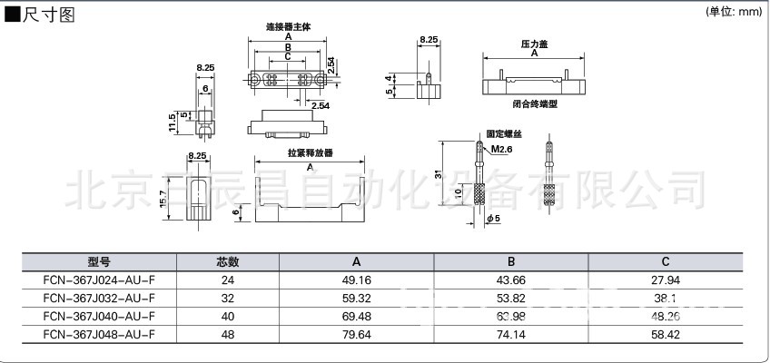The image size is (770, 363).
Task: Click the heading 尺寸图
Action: [x=45, y=15]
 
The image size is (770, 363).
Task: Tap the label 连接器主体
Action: [x=288, y=27]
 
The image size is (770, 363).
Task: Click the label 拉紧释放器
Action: [x=311, y=153]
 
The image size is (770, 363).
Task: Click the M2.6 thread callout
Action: [x=501, y=149]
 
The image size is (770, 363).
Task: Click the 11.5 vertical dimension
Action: [x=171, y=123]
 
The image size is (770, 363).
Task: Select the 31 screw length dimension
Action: [x=437, y=175]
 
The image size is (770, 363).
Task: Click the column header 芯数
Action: [x=227, y=261]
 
